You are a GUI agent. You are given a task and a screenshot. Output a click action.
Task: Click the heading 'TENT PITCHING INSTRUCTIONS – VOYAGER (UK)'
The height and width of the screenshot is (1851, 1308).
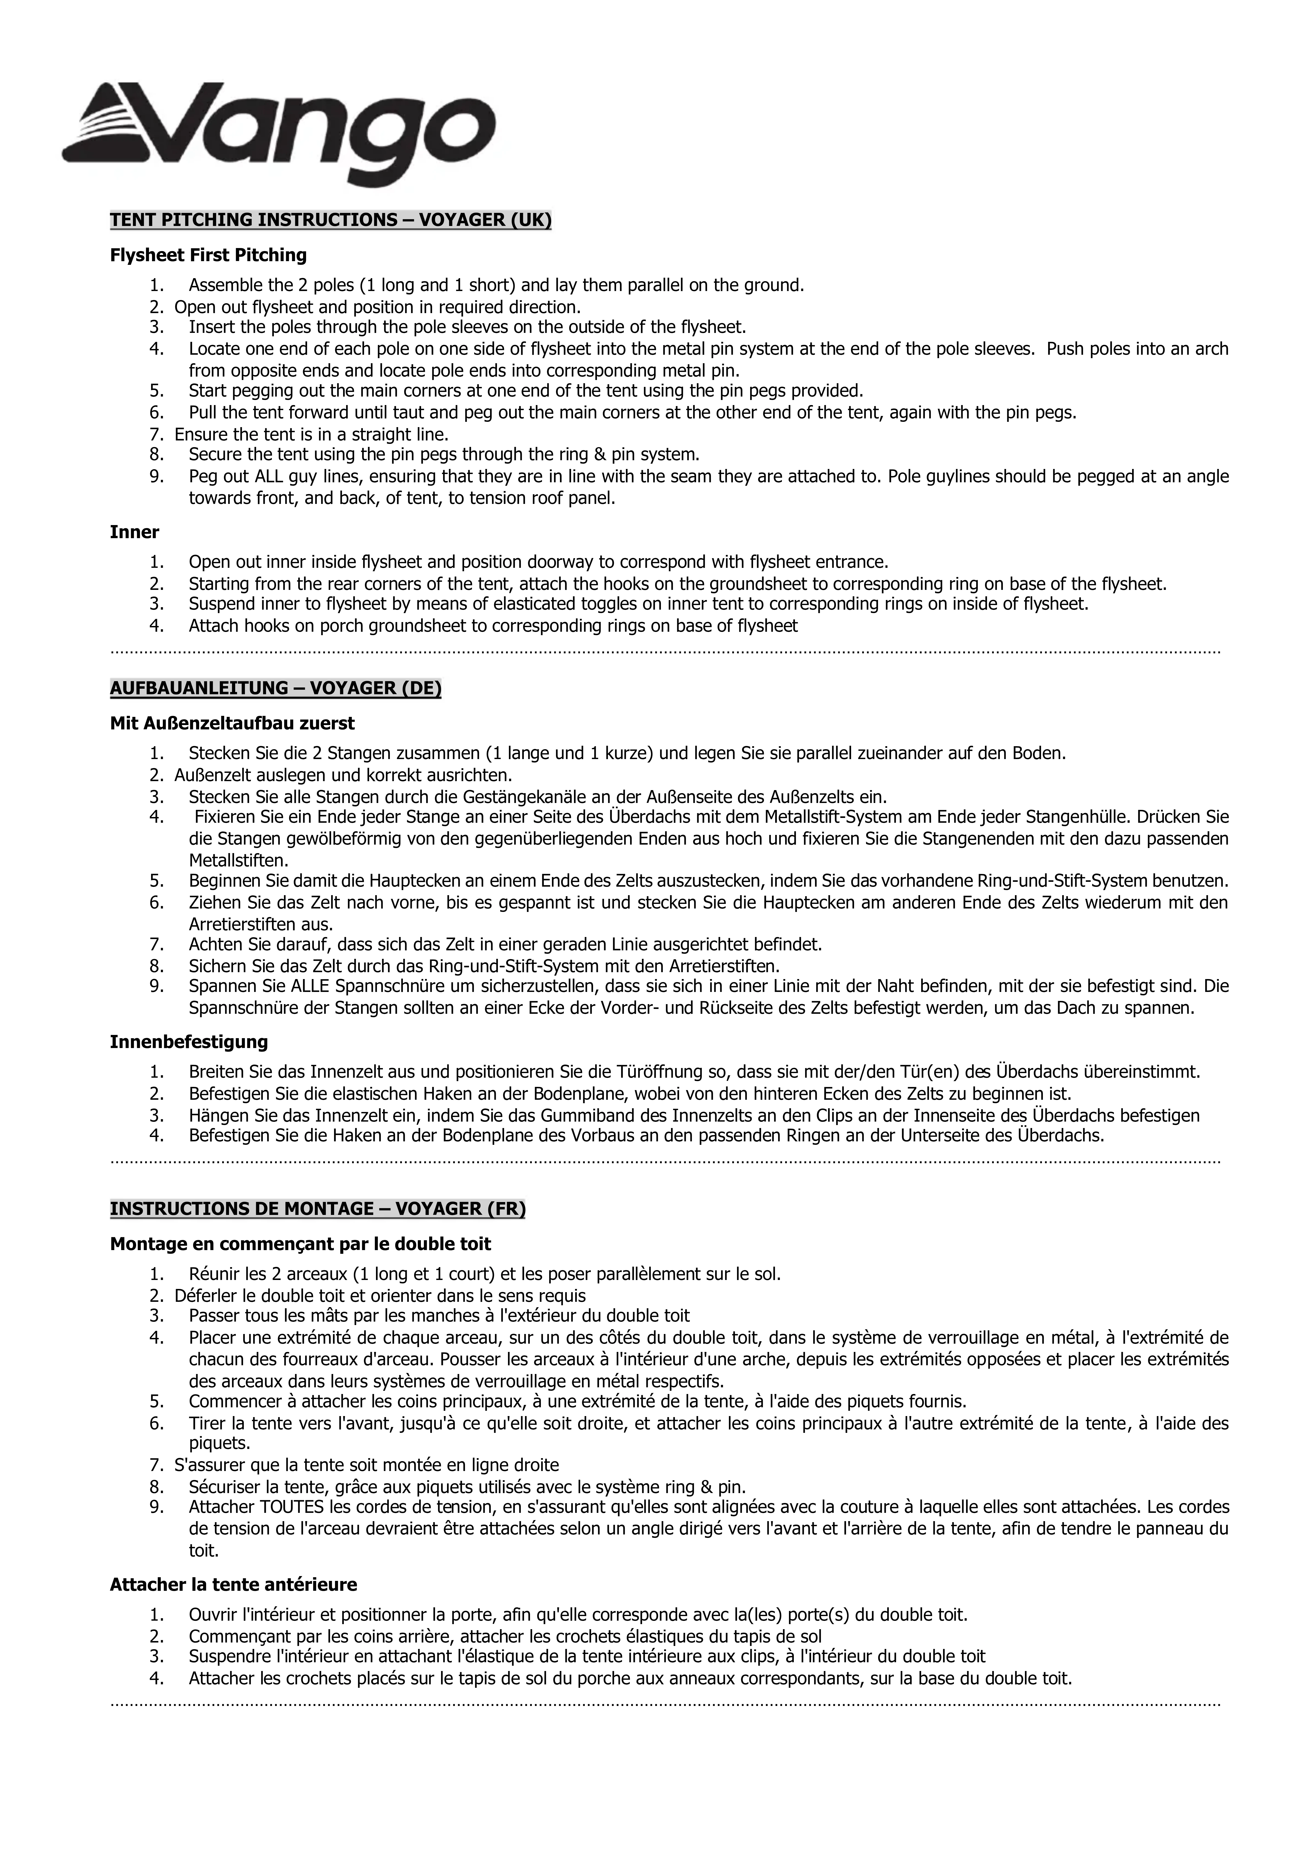coord(331,220)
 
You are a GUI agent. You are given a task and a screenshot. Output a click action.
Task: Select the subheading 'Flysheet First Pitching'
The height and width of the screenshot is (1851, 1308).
coord(208,256)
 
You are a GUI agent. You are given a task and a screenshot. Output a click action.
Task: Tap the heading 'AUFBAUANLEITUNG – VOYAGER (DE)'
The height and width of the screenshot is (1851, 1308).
coord(275,688)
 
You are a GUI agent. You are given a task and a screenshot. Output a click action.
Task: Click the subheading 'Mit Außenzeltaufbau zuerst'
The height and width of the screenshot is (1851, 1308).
coord(232,723)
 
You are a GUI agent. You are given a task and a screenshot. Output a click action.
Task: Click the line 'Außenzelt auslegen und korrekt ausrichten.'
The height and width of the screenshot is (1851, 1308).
coord(343,776)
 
